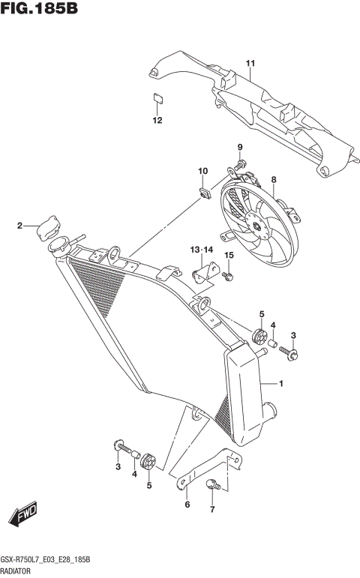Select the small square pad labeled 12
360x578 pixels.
click(x=157, y=97)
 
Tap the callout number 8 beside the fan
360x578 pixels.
click(x=274, y=180)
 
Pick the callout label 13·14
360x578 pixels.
click(x=202, y=248)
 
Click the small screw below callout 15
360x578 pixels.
click(x=229, y=278)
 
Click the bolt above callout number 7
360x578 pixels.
click(x=212, y=484)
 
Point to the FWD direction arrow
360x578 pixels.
click(x=23, y=517)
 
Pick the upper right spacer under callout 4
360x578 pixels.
click(x=274, y=346)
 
